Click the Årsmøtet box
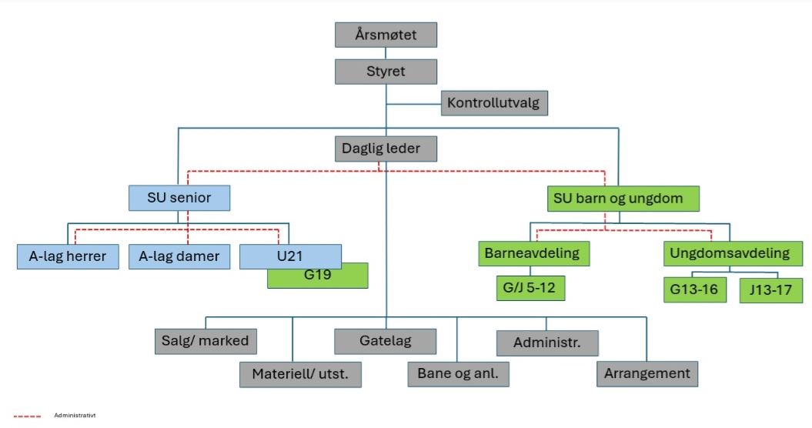click(386, 35)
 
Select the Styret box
click(386, 72)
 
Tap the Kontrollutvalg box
click(494, 102)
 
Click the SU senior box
click(179, 198)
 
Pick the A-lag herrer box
click(68, 256)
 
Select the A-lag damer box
click(179, 256)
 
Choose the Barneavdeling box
click(532, 252)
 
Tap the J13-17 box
click(770, 290)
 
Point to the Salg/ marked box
click(205, 340)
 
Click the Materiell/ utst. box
click(300, 374)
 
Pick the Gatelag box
click(385, 340)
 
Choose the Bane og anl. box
click(458, 374)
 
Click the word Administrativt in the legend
click(75, 416)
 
